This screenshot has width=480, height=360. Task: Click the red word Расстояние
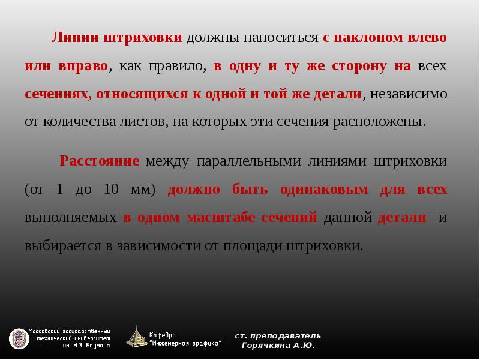(100, 161)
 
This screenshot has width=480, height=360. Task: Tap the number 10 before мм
(110, 190)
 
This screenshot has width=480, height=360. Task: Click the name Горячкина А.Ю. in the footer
(277, 346)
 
